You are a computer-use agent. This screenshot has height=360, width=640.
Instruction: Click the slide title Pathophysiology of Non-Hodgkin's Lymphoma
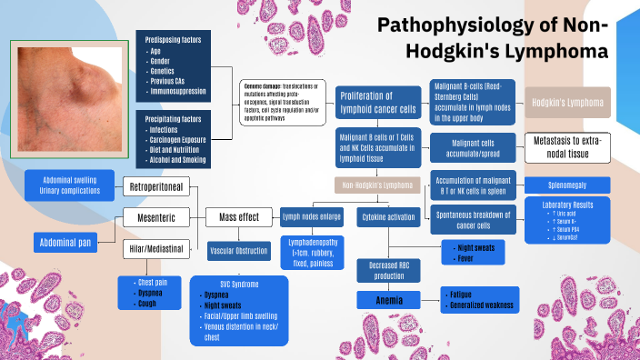(492, 38)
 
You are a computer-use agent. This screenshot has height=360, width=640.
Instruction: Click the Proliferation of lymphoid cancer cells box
(379, 104)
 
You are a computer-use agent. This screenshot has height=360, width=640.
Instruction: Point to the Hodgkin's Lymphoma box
(568, 103)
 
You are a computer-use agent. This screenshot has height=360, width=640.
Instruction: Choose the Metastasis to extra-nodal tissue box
(568, 147)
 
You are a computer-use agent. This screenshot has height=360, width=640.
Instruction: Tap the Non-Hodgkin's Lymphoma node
(378, 185)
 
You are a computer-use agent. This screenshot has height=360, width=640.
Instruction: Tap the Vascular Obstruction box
(239, 250)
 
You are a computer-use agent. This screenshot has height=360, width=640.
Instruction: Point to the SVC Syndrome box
(239, 312)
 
